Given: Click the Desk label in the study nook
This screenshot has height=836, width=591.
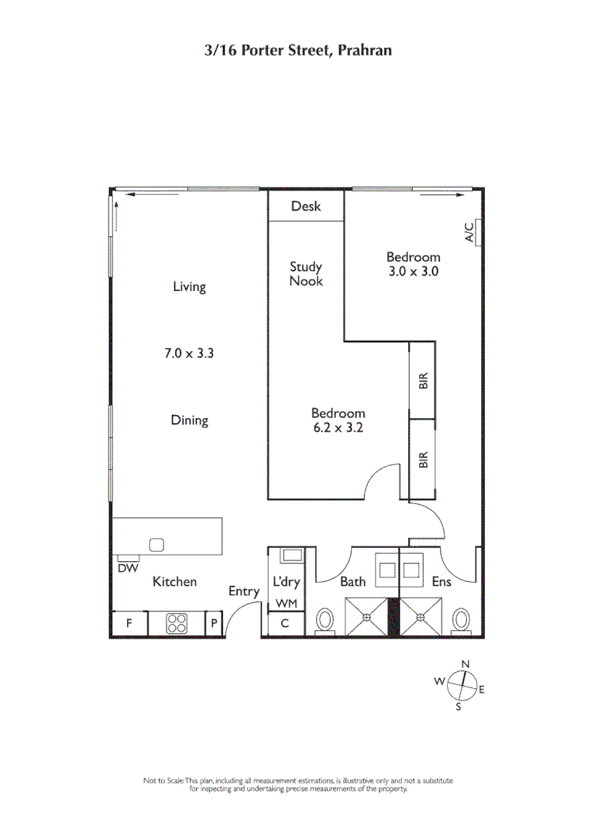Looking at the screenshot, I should (306, 207).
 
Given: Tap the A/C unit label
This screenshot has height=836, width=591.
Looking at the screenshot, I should (469, 232).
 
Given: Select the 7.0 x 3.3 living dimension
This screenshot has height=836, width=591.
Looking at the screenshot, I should (189, 354).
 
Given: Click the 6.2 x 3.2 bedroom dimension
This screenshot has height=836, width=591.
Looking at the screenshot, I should (338, 427).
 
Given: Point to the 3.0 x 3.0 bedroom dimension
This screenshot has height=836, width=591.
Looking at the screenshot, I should (414, 272).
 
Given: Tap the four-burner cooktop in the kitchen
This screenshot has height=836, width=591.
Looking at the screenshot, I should (177, 623).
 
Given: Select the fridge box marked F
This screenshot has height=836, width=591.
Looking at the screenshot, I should (129, 623).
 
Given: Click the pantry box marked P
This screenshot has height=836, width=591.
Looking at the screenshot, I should (214, 623).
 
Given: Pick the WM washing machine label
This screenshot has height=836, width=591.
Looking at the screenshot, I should (285, 604).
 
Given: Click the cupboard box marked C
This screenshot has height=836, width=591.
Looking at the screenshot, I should (285, 623).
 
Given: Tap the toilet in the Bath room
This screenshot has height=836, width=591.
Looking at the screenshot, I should (326, 620).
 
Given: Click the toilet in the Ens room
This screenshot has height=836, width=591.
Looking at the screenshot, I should (462, 620).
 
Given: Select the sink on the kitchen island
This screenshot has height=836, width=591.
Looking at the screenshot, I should (157, 544).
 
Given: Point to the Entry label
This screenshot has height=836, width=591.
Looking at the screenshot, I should (244, 591).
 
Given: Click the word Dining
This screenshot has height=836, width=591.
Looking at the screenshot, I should (190, 421).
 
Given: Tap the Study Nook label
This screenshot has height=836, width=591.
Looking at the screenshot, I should (306, 274).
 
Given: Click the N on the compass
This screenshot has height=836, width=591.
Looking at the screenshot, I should (466, 664).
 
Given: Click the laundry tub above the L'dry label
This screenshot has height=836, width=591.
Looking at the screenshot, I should (291, 554).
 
